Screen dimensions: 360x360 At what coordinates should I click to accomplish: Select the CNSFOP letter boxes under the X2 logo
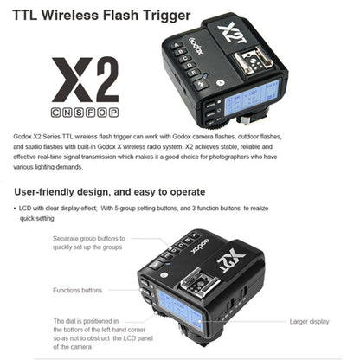tap(85, 112)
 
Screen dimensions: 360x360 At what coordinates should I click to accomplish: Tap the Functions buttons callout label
tap(78, 291)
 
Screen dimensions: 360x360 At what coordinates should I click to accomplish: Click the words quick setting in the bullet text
tap(37, 219)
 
